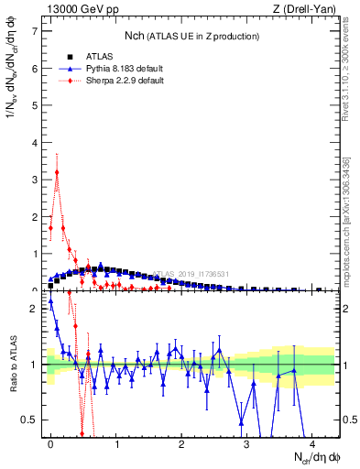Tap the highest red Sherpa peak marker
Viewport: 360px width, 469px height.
tap(57, 171)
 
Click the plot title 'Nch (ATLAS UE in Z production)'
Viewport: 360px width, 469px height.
tap(191, 36)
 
